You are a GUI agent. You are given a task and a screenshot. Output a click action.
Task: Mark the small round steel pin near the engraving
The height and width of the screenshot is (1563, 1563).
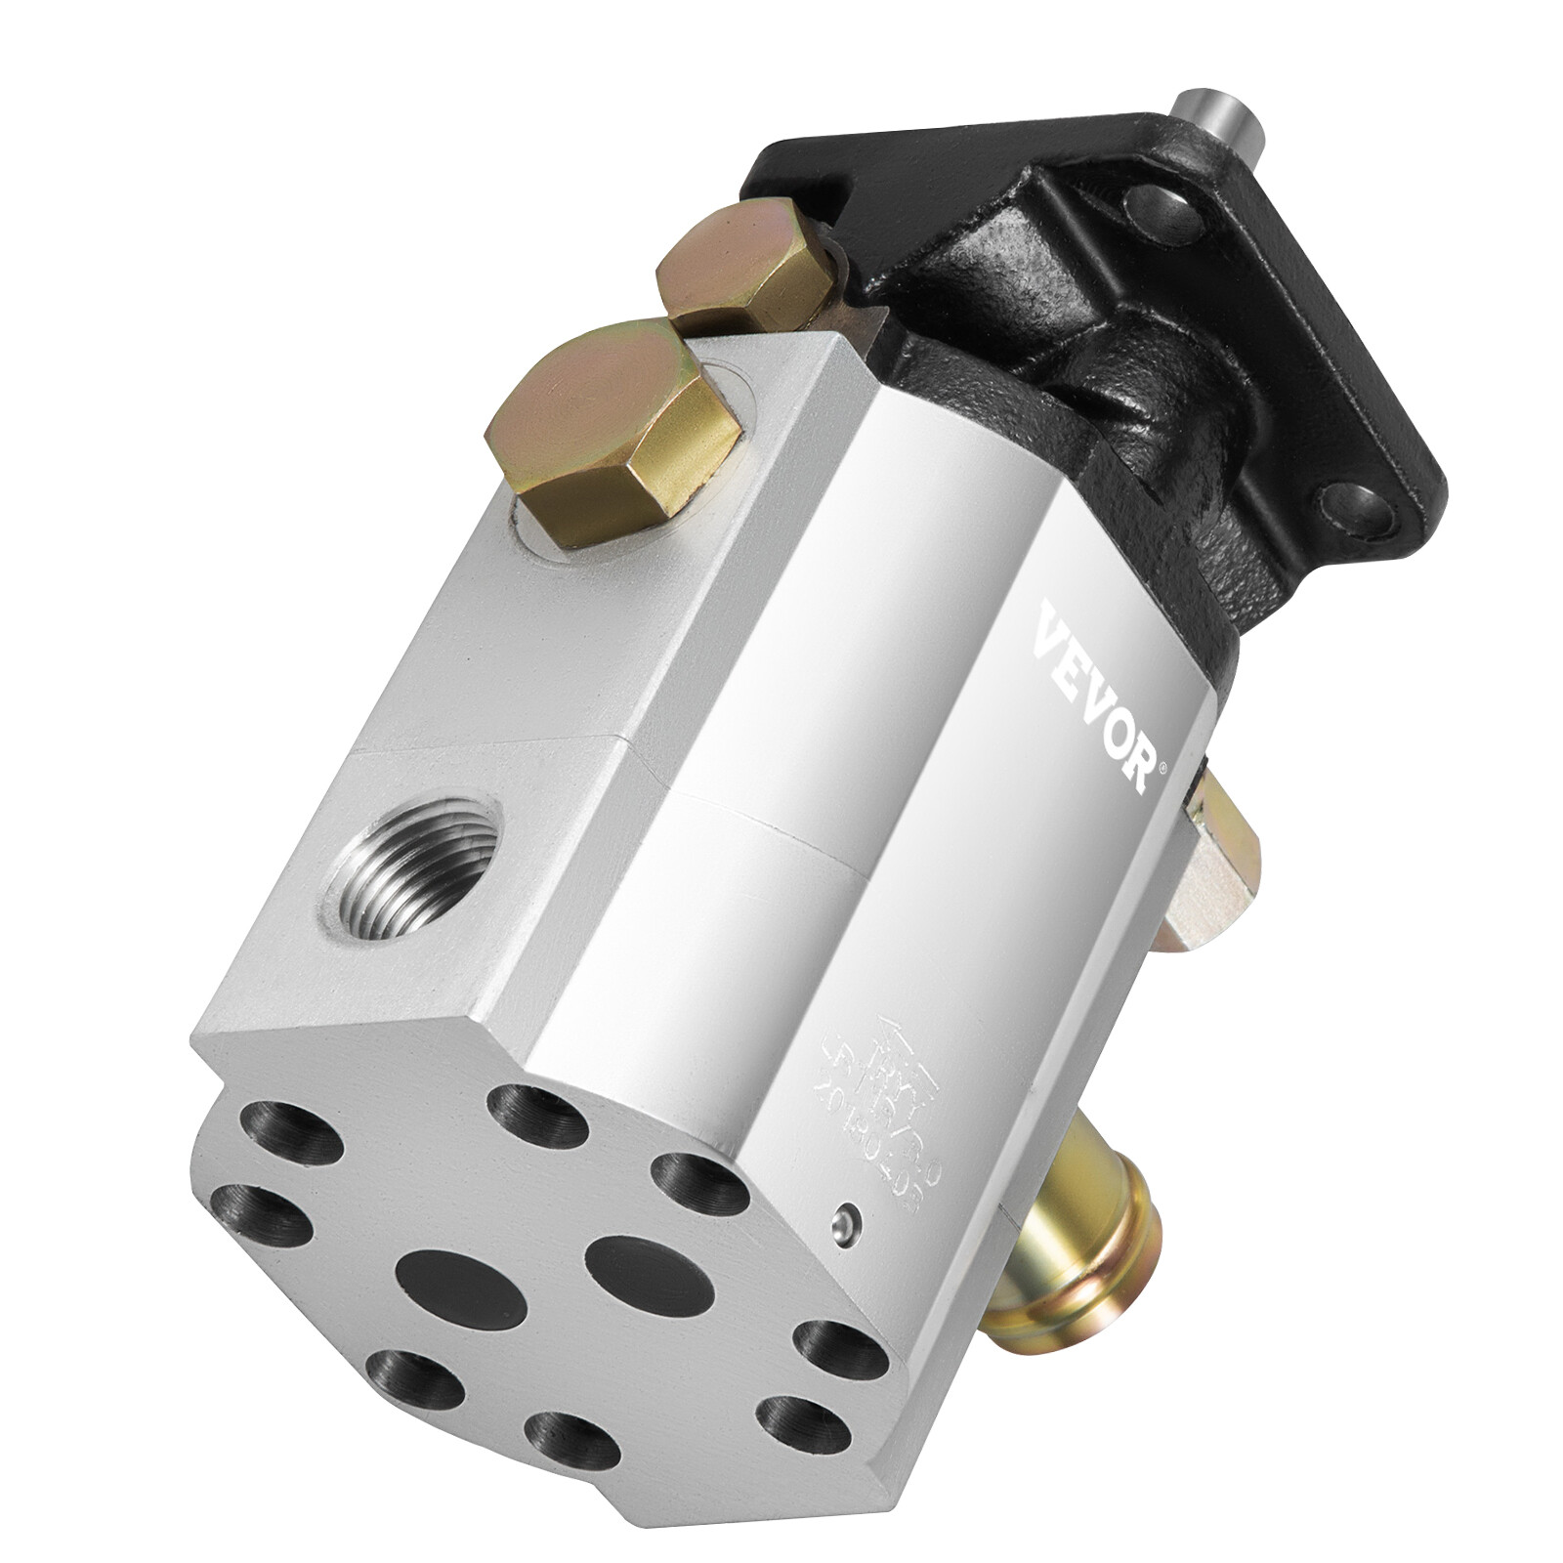pyautogui.click(x=845, y=1216)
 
